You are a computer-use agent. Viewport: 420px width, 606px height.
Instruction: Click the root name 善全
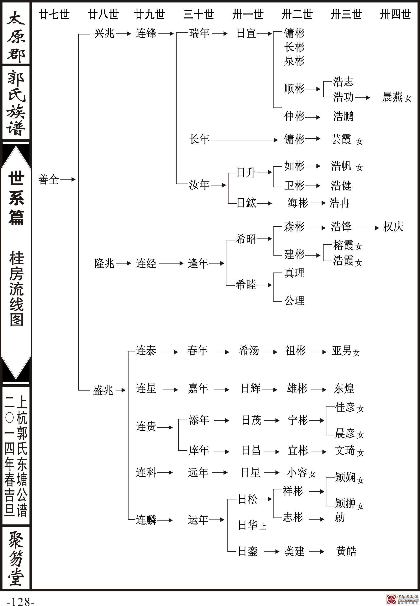tap(49, 179)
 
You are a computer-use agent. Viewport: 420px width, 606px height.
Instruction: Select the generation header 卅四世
tap(395, 15)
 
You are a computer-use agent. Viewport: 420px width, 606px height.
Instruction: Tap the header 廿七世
tap(54, 15)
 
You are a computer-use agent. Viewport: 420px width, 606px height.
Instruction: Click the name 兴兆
tap(104, 34)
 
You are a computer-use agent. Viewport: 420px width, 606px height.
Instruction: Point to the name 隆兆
tap(104, 263)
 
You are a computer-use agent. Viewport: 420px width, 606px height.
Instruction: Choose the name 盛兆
tap(103, 390)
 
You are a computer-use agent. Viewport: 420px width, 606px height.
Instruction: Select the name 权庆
tap(393, 227)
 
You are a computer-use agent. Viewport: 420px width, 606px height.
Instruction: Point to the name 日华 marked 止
tap(248, 525)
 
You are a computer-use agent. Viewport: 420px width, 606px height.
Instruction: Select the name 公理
tap(294, 300)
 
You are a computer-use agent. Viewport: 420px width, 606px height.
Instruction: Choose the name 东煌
tap(344, 388)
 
